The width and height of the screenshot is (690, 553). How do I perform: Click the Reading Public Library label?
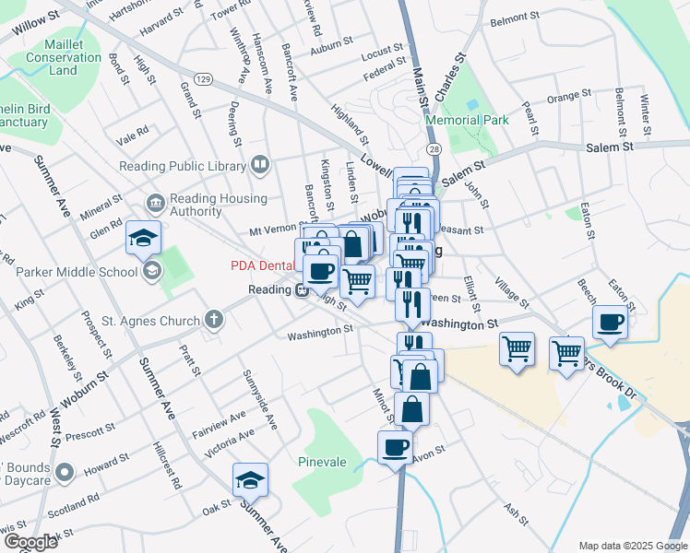[183, 166]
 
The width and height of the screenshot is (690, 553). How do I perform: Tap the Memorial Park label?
[467, 120]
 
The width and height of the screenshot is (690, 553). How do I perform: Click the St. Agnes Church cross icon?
[214, 321]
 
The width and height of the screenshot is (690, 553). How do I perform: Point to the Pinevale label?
[322, 461]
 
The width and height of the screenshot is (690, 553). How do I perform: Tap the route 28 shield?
[432, 148]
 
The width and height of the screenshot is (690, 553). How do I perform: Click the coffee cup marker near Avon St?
[396, 449]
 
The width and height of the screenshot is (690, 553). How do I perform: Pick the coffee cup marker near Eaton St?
[611, 324]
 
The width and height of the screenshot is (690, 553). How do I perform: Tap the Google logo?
[30, 542]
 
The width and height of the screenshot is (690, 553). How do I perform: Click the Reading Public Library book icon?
[260, 166]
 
